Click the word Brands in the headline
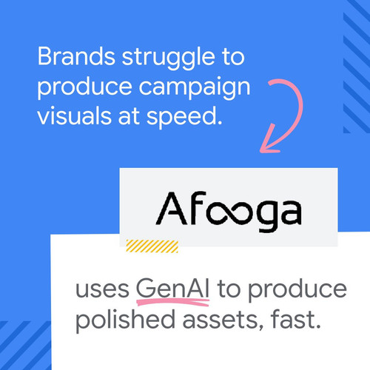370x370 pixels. pos(76,56)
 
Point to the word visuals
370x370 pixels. pos(74,115)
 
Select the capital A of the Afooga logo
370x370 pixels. pos(171,209)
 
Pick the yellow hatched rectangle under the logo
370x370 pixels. pos(152,246)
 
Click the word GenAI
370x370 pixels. pos(172,288)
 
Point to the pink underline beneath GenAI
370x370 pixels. pos(173,302)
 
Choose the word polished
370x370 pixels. pos(125,320)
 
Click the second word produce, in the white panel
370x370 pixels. pos(297,290)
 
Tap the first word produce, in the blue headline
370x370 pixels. pos(84,88)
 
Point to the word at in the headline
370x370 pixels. pos(129,116)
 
